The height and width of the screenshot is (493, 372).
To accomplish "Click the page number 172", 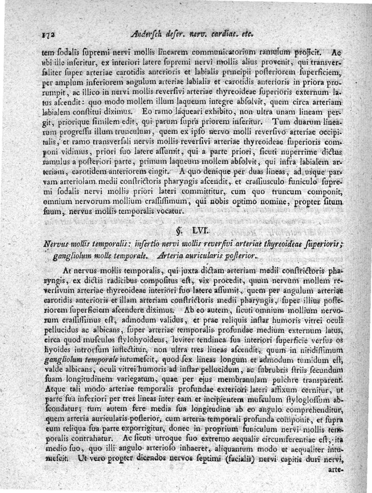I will click(48, 34).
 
